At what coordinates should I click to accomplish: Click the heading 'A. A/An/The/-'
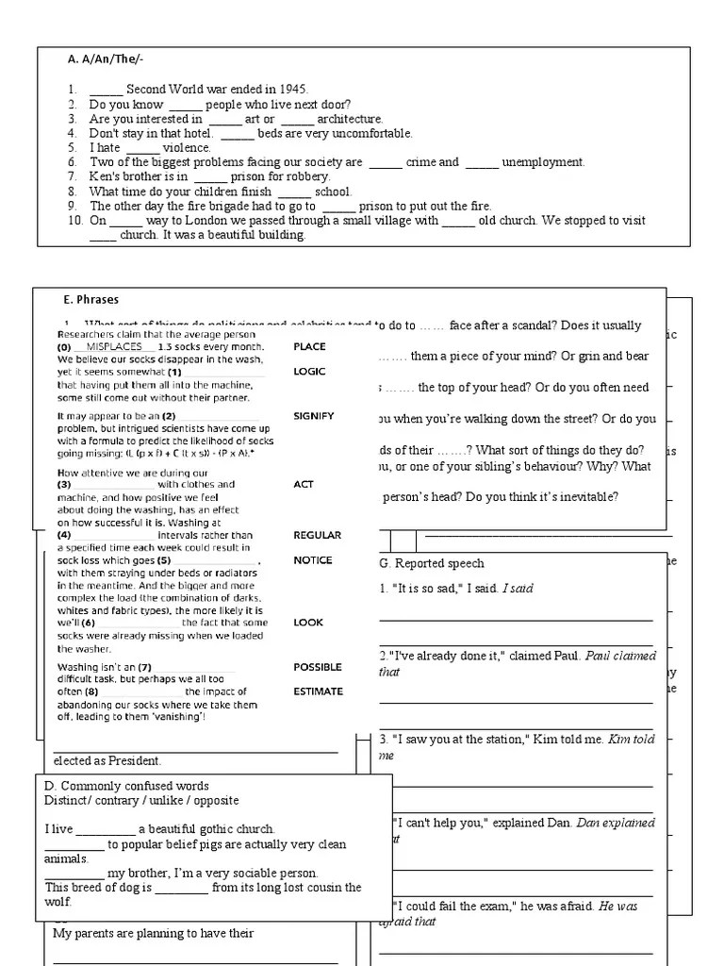105,58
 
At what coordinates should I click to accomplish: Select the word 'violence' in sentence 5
187,148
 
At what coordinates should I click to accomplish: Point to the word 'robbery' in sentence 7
308,176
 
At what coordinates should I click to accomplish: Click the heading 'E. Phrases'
91,300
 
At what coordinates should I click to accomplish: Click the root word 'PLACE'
309,347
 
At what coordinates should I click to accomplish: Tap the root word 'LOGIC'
309,372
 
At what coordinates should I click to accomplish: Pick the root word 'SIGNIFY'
314,416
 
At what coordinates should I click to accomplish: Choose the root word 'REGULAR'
317,535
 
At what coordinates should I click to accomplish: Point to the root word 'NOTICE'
313,560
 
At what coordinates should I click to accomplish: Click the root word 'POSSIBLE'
318,667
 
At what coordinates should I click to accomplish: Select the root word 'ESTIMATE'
318,691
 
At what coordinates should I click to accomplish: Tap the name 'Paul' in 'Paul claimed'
601,656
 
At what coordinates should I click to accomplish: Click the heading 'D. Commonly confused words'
126,787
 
